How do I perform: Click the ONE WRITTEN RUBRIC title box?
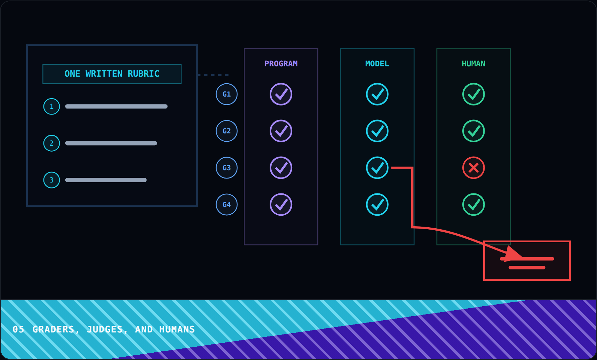(x=112, y=74)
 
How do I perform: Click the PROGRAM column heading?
(x=281, y=64)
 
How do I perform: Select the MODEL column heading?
(x=377, y=64)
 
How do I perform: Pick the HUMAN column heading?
(x=474, y=64)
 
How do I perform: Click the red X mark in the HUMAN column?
(x=474, y=168)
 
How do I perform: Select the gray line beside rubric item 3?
(x=106, y=180)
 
